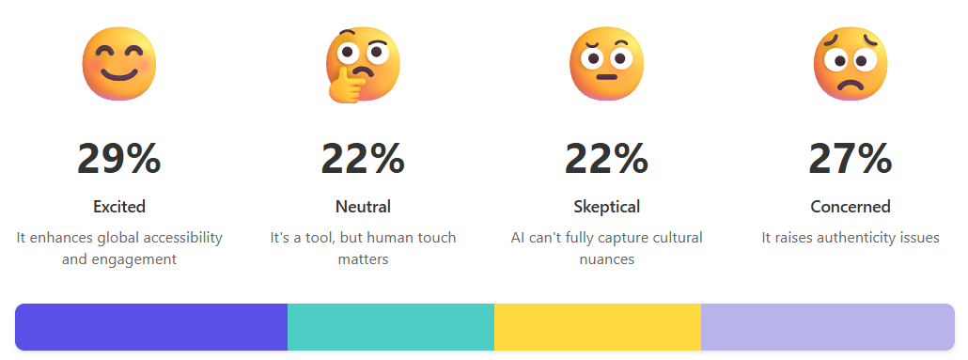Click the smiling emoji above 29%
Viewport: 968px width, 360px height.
119,63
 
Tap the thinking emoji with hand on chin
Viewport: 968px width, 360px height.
364,63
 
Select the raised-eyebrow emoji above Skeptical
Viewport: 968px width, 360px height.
607,63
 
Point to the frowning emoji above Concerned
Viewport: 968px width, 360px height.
851,63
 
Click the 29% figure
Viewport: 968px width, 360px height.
119,158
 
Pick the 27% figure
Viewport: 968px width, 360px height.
851,158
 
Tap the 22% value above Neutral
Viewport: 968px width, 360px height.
363,158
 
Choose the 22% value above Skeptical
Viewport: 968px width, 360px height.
606,158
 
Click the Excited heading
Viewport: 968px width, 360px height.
119,207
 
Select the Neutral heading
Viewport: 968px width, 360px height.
363,207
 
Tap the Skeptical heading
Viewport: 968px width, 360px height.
606,207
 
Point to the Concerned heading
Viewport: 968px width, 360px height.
851,207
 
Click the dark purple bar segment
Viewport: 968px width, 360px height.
151,327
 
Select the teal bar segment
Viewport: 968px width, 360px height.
391,327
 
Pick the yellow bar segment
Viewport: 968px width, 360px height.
598,327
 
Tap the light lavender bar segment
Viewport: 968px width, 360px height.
828,327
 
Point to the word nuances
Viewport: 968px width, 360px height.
607,259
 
